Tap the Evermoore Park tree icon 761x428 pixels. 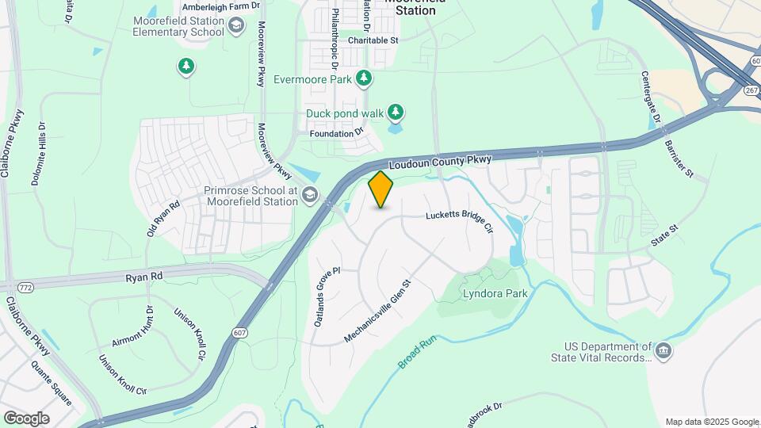(x=364, y=78)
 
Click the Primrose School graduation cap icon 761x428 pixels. (x=309, y=195)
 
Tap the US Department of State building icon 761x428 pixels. (x=663, y=350)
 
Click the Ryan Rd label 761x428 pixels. (x=143, y=277)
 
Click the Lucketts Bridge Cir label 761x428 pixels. (x=460, y=221)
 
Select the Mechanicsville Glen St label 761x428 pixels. (x=378, y=310)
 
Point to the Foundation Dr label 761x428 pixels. (x=336, y=133)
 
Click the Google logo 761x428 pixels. (x=26, y=418)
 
